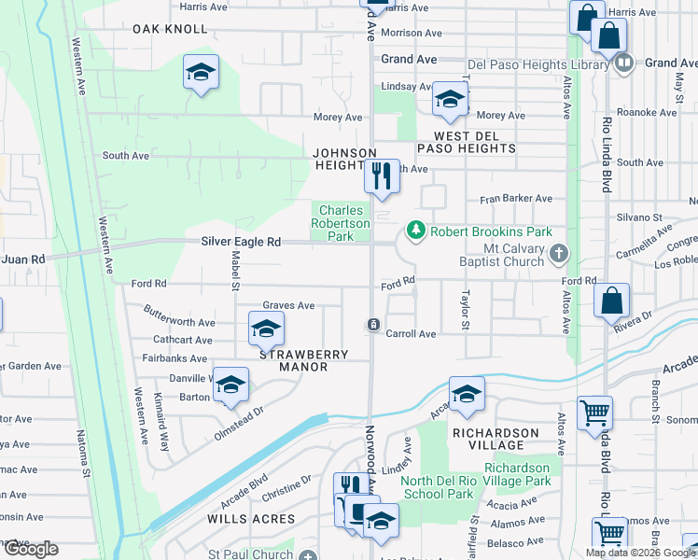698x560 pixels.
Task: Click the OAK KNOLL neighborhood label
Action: pos(169,29)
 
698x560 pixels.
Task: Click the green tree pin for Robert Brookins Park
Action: pos(413,231)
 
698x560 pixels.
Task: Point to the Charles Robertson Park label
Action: pos(340,223)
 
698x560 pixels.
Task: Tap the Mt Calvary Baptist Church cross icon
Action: pos(558,253)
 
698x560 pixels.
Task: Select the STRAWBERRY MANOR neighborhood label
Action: pos(303,360)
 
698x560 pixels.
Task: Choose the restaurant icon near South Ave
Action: pos(381,175)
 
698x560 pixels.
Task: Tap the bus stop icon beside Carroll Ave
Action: pos(372,324)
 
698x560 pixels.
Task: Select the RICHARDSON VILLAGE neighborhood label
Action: pos(496,440)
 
